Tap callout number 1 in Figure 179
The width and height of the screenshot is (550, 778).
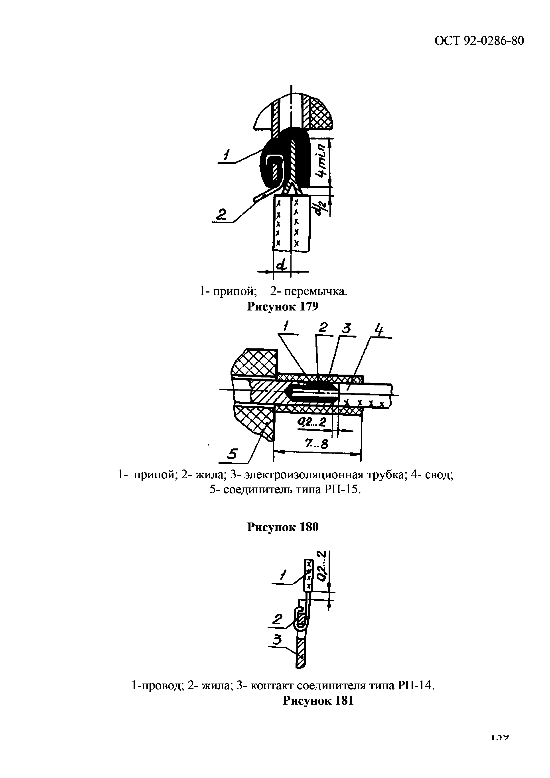226,157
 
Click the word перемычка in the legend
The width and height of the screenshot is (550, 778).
312,291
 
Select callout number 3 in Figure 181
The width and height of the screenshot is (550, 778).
278,640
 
